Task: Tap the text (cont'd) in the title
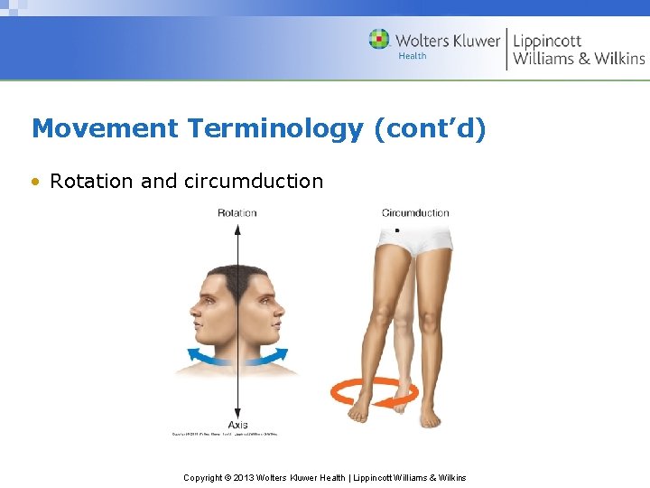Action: pos(430,128)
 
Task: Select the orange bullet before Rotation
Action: pos(36,181)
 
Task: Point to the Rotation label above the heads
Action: pos(237,213)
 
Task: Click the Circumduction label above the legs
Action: pos(415,213)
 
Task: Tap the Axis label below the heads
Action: pos(237,424)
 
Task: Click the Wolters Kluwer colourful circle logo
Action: pos(379,40)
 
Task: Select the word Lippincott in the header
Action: pos(547,41)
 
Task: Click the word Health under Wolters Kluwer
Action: pos(412,56)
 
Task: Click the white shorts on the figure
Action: pos(415,237)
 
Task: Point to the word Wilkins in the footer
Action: pos(450,477)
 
